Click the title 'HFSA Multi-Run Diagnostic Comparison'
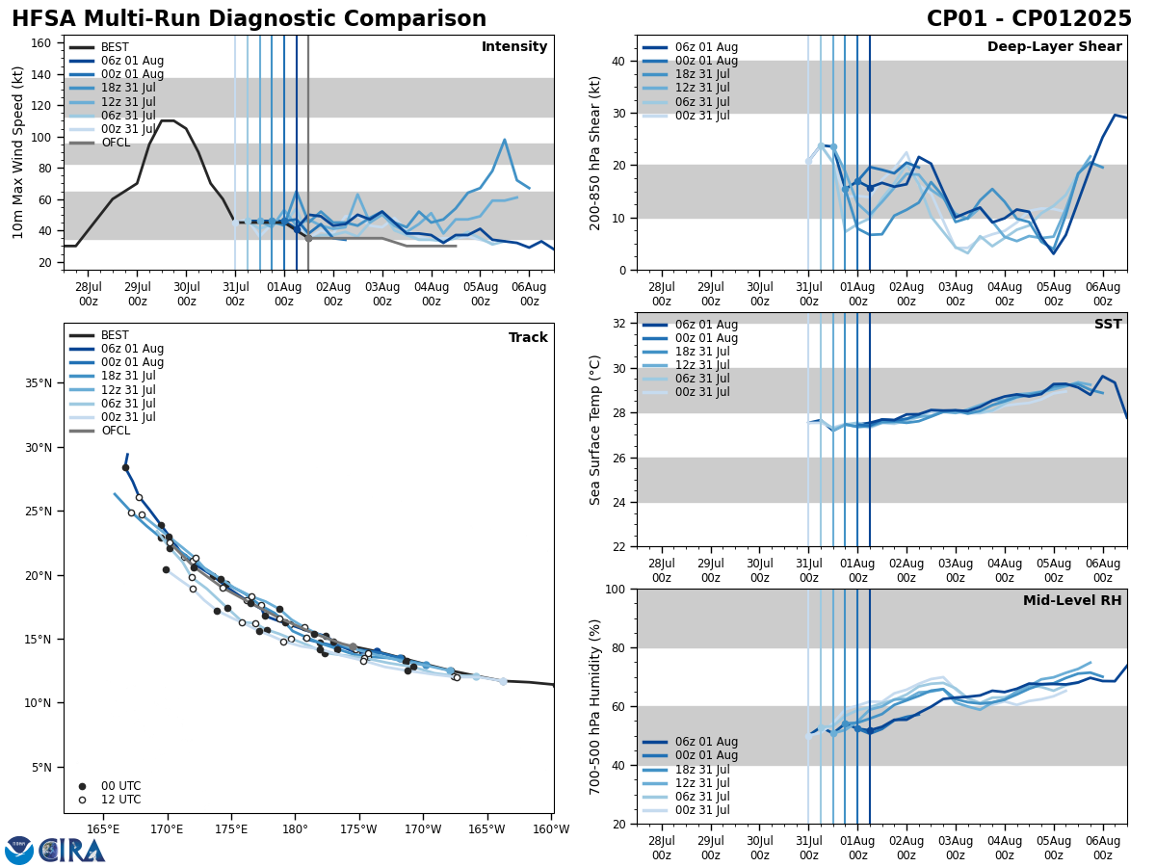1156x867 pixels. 249,19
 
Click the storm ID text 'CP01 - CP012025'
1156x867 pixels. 1029,19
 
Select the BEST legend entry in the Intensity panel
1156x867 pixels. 115,47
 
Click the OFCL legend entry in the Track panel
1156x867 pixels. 115,431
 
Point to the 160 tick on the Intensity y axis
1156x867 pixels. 45,42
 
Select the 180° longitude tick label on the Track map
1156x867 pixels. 294,828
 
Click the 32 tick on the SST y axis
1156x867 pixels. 619,324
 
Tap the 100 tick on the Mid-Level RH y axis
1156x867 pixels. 616,589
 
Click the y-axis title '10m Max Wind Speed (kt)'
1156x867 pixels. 18,152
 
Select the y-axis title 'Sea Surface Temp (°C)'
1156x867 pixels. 595,430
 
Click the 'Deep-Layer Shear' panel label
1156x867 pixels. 1054,47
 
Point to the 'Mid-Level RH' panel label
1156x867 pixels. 1072,601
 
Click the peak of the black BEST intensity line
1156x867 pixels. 167,120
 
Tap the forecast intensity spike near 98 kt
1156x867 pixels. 504,140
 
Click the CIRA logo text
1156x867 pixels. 71,851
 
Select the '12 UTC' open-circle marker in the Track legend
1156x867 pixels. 82,800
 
